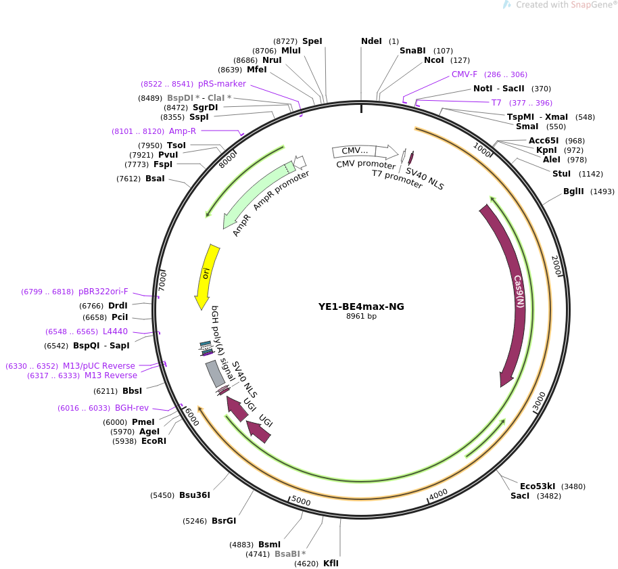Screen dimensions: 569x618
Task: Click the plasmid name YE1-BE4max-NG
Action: (x=361, y=306)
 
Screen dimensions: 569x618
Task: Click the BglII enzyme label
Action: (x=573, y=191)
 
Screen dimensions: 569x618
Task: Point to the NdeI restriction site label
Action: (x=371, y=41)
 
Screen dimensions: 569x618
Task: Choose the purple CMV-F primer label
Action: (x=465, y=74)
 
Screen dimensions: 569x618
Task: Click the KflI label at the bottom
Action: (x=331, y=564)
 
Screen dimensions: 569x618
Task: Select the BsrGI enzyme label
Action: (x=224, y=521)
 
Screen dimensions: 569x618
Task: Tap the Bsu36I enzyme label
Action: (x=195, y=495)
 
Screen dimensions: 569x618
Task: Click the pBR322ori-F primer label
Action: (x=103, y=292)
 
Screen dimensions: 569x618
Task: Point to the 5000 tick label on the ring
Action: (x=301, y=501)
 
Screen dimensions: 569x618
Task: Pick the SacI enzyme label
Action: (x=520, y=496)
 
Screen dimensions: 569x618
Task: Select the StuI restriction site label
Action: (x=561, y=174)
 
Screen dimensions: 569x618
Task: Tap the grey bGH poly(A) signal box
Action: (x=215, y=373)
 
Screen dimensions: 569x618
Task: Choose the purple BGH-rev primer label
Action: (x=132, y=408)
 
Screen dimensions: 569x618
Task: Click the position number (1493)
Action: (x=602, y=191)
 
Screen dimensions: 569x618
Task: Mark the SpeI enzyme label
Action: (x=312, y=41)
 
